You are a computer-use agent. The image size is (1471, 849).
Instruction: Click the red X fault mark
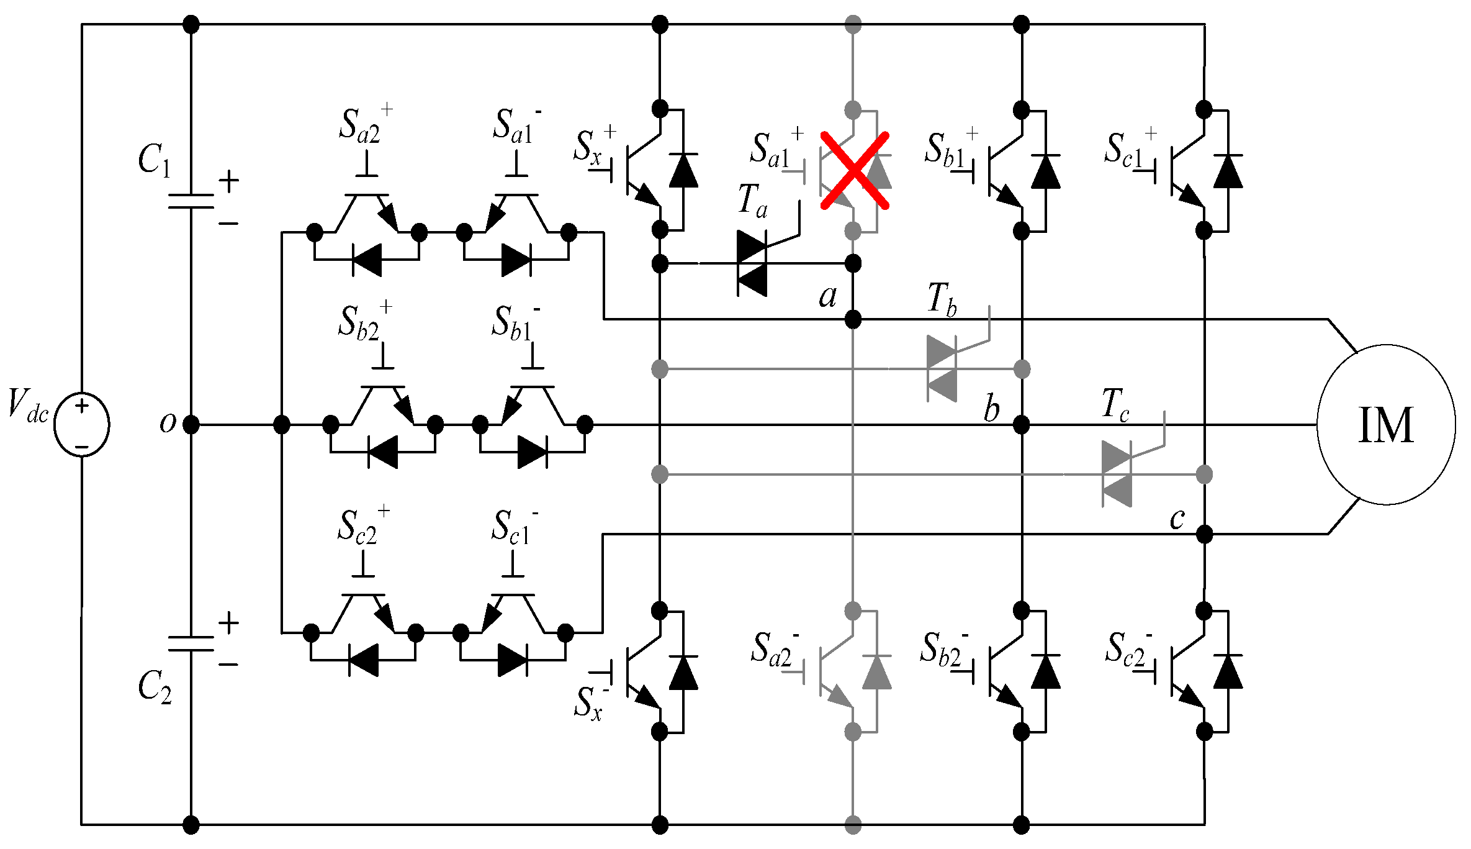(855, 170)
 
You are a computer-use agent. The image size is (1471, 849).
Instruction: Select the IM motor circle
(1386, 425)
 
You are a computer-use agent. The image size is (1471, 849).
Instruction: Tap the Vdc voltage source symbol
(82, 425)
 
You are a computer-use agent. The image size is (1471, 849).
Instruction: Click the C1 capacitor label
(153, 160)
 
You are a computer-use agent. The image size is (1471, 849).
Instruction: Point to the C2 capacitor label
(154, 687)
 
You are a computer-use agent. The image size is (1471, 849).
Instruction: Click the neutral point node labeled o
(191, 425)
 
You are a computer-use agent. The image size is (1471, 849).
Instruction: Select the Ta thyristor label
(753, 201)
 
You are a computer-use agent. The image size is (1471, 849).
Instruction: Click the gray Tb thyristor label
(942, 299)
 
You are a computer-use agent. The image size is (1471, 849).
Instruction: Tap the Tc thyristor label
(1115, 404)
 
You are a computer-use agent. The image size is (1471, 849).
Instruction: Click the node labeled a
(853, 320)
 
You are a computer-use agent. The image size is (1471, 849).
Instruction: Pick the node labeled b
(1021, 425)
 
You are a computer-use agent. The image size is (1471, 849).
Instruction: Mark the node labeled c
(1204, 533)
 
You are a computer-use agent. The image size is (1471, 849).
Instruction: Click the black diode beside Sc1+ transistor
(1228, 171)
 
